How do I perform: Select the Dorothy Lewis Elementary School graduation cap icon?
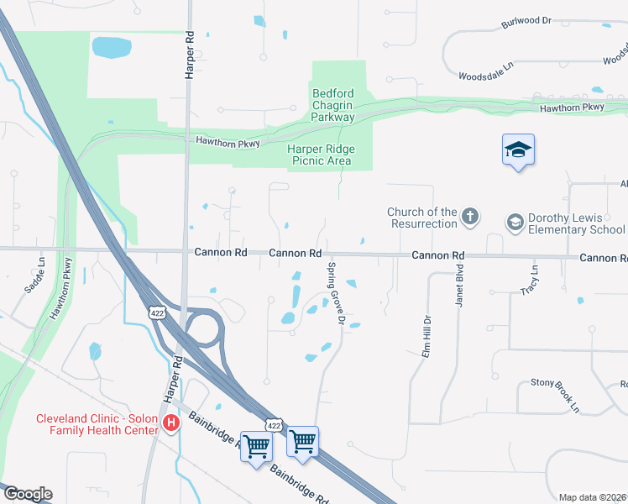pyautogui.click(x=515, y=223)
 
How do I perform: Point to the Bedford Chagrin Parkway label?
pyautogui.click(x=333, y=105)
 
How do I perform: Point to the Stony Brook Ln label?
pyautogui.click(x=555, y=394)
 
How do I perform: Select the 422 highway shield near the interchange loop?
pyautogui.click(x=156, y=312)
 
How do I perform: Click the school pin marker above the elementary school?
pyautogui.click(x=518, y=151)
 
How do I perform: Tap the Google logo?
pyautogui.click(x=27, y=494)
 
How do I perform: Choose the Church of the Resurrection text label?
pyautogui.click(x=422, y=218)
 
